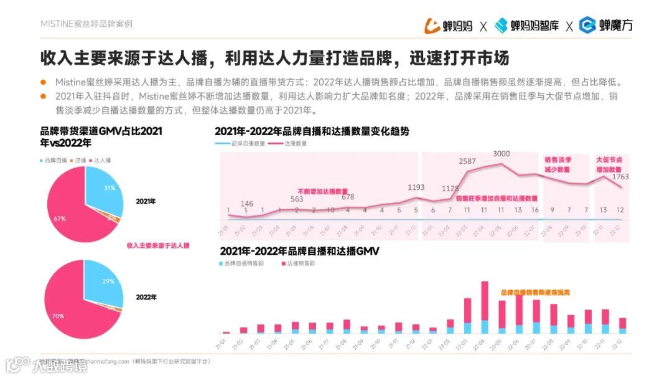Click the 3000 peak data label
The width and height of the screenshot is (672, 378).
tap(502, 154)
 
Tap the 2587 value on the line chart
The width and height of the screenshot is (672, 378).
tap(467, 161)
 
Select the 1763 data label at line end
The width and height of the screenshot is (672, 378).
tap(620, 177)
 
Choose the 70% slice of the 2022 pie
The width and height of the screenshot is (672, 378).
tap(62, 305)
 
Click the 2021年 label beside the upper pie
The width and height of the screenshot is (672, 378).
tap(146, 202)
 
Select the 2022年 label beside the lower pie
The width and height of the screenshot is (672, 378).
tap(146, 297)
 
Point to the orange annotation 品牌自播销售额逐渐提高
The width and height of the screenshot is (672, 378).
tap(536, 291)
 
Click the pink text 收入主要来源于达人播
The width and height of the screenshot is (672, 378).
tap(158, 246)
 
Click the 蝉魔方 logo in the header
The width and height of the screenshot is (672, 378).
tap(606, 26)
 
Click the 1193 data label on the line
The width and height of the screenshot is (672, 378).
tap(416, 187)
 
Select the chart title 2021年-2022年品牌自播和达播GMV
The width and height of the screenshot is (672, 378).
tap(299, 251)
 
